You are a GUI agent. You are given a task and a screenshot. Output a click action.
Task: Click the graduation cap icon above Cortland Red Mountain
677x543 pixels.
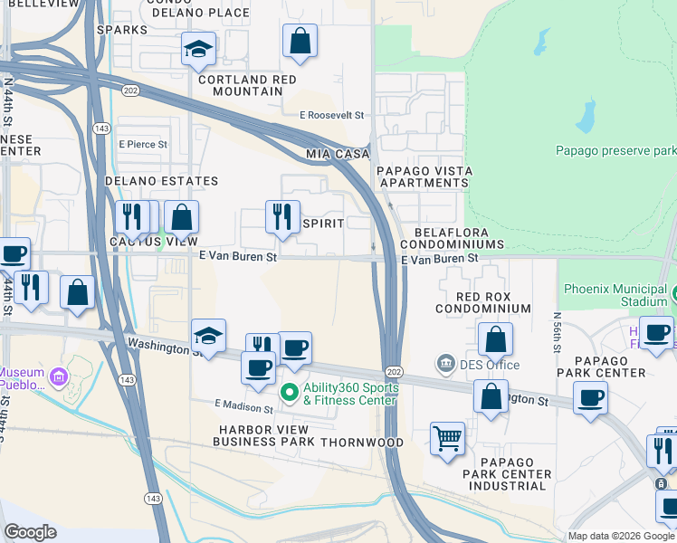click(x=197, y=49)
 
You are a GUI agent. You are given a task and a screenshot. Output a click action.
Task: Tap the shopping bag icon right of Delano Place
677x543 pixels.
click(x=300, y=41)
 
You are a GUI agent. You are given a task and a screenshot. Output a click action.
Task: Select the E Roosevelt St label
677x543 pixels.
click(x=331, y=116)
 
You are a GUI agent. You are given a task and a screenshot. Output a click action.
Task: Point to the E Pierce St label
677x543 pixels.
click(x=142, y=144)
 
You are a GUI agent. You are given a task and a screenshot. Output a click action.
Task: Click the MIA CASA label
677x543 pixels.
click(x=338, y=155)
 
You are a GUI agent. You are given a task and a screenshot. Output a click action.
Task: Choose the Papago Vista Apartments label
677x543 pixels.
click(x=423, y=176)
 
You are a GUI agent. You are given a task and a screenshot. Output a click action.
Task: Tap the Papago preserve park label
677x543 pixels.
click(x=615, y=150)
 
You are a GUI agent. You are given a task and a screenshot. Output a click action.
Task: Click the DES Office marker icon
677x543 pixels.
click(x=446, y=364)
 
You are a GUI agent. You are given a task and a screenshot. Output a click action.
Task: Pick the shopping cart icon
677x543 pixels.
click(x=447, y=439)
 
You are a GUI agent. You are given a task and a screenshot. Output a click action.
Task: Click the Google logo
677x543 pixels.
click(x=31, y=531)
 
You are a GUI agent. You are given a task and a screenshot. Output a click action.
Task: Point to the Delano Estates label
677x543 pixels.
click(x=162, y=181)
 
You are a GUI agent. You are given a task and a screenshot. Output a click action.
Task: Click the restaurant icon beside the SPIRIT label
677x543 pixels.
click(x=282, y=216)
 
